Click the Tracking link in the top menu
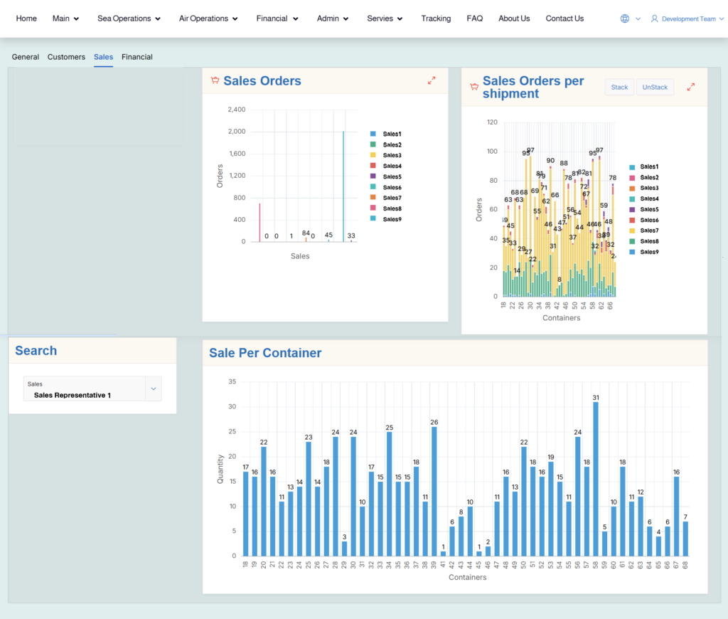(435, 18)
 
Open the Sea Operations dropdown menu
(129, 18)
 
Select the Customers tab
(66, 57)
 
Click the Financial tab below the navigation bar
(136, 57)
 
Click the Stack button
(619, 88)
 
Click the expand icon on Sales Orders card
(432, 81)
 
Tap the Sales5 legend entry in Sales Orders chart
(392, 176)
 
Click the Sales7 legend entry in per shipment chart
(648, 231)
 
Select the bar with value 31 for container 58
(596, 479)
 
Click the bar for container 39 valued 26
(434, 491)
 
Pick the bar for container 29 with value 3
(344, 549)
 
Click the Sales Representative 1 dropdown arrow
(153, 388)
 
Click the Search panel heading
(36, 351)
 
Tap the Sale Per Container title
(265, 353)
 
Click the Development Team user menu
(687, 19)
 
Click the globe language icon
(625, 19)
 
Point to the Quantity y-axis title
(220, 469)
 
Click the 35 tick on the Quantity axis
(232, 382)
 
